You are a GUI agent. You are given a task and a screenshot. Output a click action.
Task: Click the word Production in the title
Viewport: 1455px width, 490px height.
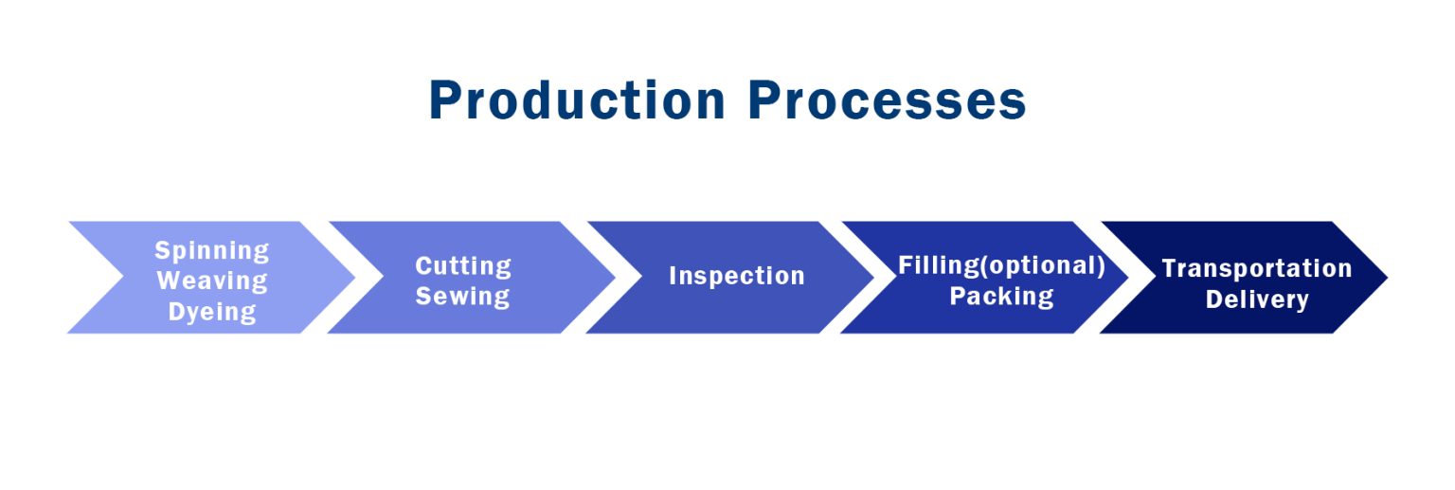(x=577, y=100)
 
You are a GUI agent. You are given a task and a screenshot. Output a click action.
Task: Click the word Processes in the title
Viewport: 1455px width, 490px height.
(x=886, y=100)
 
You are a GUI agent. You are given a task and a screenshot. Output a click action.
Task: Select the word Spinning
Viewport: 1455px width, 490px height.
(x=212, y=251)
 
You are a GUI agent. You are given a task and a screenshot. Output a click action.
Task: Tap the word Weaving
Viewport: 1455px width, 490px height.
(x=212, y=281)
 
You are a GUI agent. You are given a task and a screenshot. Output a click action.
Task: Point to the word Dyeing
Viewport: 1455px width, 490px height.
(x=212, y=311)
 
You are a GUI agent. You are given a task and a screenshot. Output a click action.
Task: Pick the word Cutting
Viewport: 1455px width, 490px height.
(x=463, y=265)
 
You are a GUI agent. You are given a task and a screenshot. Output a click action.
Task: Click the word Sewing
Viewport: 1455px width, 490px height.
(x=463, y=296)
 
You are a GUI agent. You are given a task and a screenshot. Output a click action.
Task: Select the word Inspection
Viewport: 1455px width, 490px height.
(x=737, y=276)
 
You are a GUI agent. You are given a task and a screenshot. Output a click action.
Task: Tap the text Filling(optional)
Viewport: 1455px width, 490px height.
(x=1001, y=265)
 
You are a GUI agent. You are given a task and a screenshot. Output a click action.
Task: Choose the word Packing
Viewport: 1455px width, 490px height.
(x=1001, y=296)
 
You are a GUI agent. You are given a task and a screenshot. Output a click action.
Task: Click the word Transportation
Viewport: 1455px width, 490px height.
(x=1257, y=268)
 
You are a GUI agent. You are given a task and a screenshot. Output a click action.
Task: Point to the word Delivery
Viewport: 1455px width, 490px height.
(x=1257, y=299)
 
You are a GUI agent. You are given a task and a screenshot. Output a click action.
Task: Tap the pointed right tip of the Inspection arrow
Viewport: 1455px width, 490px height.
(x=872, y=277)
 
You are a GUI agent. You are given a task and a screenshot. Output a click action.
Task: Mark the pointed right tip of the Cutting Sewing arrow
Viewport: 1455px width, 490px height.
(x=613, y=277)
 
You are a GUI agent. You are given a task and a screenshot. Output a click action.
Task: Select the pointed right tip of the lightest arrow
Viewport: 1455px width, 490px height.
(x=353, y=277)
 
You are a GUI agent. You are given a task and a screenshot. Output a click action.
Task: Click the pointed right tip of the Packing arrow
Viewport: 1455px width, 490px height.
(x=1126, y=277)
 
